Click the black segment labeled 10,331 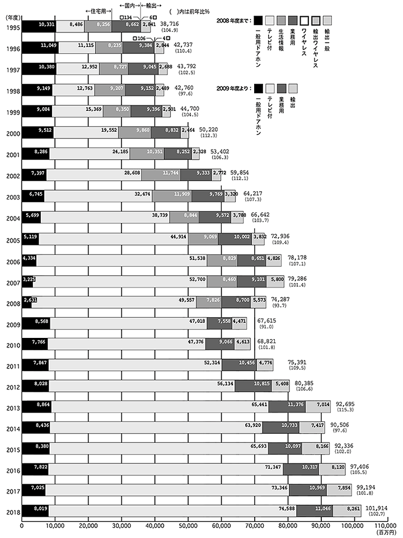coord(39,25)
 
